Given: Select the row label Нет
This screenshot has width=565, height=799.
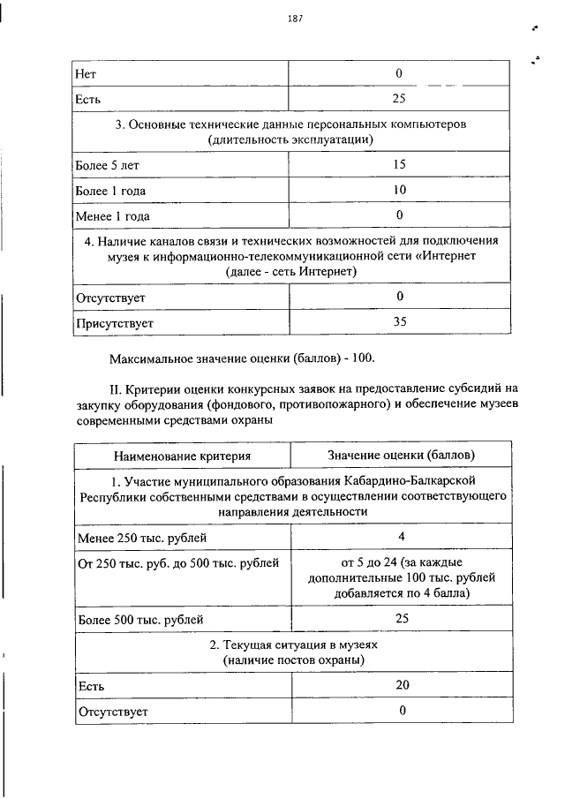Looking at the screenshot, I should click(x=88, y=73).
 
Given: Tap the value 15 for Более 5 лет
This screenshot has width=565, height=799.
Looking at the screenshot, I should click(x=399, y=164).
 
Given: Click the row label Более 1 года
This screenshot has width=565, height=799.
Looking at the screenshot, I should click(x=111, y=190).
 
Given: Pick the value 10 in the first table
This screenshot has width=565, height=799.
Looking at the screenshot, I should click(x=399, y=190).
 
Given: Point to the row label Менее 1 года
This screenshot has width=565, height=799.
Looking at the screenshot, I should click(x=113, y=215).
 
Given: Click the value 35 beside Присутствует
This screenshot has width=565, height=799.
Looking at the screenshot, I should click(x=399, y=322).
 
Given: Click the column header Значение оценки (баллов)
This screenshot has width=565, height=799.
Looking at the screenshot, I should click(x=401, y=456).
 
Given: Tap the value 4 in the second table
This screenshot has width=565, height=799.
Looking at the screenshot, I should click(x=401, y=537).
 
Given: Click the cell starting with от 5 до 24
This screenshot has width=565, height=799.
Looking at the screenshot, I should click(x=401, y=577).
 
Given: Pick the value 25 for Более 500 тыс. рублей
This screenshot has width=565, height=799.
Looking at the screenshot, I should click(x=401, y=619).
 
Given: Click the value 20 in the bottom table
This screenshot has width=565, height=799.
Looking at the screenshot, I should click(x=401, y=685).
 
